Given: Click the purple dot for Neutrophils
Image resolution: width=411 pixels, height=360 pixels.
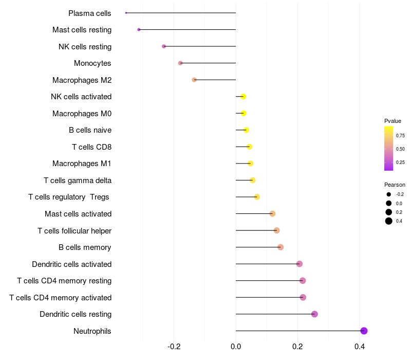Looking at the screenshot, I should [x=364, y=331].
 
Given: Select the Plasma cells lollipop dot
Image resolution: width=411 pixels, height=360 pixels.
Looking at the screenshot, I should [x=126, y=13].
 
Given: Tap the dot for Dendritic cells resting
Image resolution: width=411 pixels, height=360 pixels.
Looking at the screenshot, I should [x=314, y=314].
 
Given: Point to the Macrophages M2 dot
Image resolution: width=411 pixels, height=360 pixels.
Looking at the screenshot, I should [x=194, y=80].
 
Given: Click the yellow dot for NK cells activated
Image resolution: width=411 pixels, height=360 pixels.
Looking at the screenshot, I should [x=243, y=97].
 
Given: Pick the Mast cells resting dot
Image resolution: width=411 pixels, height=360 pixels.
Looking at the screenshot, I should [x=139, y=30].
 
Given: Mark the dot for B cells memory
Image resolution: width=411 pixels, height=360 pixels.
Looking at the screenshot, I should [x=280, y=247].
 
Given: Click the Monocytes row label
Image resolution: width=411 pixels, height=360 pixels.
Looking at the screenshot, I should [x=92, y=63].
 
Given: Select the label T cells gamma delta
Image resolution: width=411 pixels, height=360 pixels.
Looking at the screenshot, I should [x=78, y=181].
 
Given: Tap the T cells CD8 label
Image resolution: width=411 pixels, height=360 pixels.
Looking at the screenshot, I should [x=91, y=147].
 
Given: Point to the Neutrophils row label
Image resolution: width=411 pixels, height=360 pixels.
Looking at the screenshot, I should [x=92, y=331].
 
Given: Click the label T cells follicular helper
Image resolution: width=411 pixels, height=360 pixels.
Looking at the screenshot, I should [x=74, y=231].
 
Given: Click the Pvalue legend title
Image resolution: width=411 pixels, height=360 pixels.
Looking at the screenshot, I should [x=393, y=121].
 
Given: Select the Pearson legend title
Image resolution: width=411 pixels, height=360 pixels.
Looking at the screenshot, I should [x=395, y=185].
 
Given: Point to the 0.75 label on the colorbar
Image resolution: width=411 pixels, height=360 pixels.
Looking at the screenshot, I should [x=400, y=136].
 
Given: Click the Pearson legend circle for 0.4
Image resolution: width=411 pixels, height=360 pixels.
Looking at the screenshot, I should [x=389, y=221].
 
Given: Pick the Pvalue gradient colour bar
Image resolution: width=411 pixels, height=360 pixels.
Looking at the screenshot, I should [x=389, y=148].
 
